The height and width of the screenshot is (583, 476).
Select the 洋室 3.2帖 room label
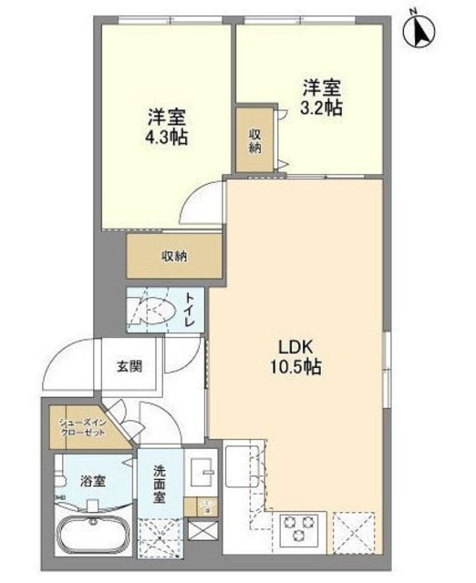tap(322, 97)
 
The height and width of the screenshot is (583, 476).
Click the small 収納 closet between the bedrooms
tap(255, 139)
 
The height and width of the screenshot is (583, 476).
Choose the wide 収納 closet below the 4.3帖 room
tap(174, 256)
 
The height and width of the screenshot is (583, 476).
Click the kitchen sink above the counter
tap(243, 464)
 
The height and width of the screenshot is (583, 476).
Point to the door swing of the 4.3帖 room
tap(201, 201)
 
